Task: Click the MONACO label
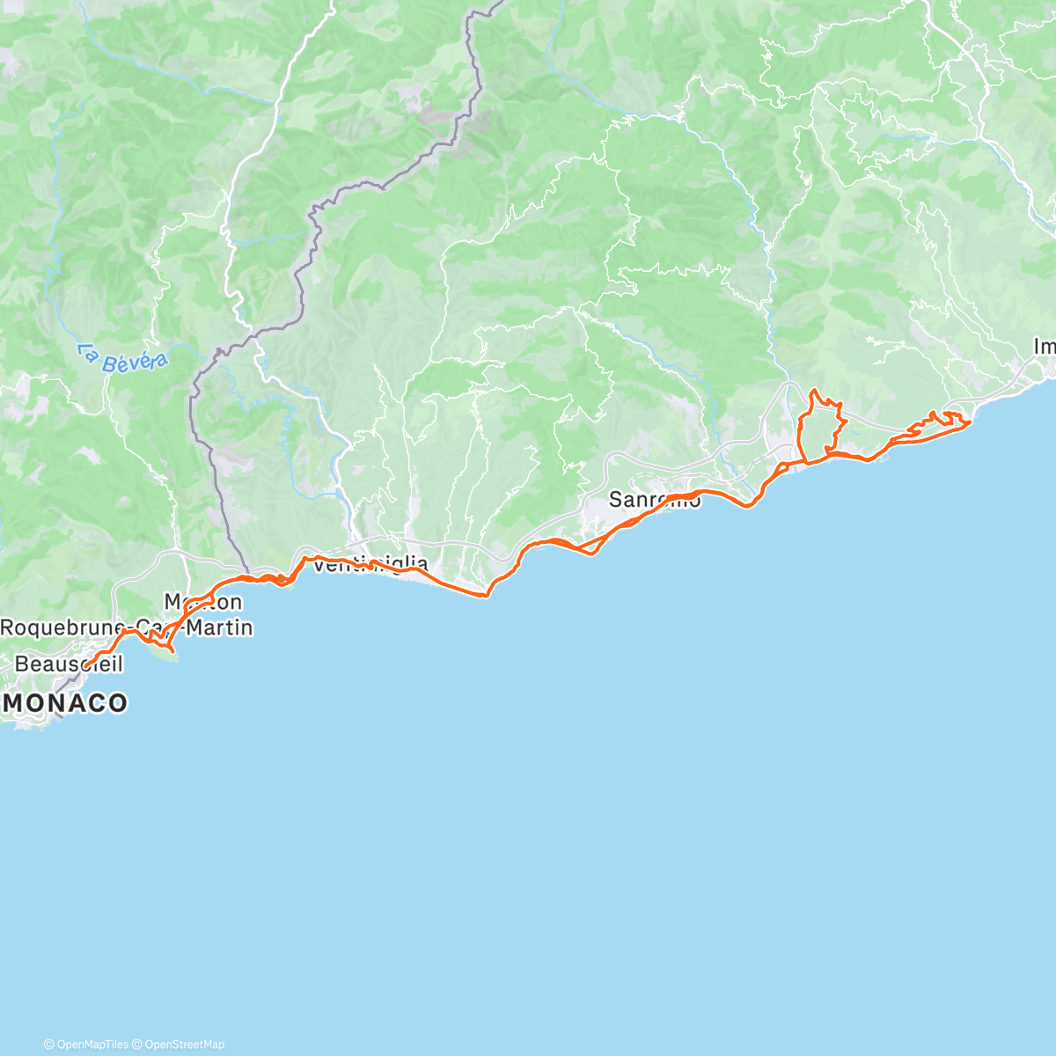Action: pyautogui.click(x=67, y=702)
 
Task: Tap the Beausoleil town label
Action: pyautogui.click(x=69, y=664)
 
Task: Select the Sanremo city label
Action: pyautogui.click(x=655, y=500)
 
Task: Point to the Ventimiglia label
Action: pyautogui.click(x=370, y=565)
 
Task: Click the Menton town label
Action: pyautogui.click(x=203, y=602)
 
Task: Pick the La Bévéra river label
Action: pyautogui.click(x=121, y=359)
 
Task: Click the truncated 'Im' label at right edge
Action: pyautogui.click(x=1044, y=348)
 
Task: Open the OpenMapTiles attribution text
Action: pyautogui.click(x=92, y=1045)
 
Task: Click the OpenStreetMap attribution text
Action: pyautogui.click(x=184, y=1045)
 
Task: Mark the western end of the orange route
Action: pyautogui.click(x=85, y=664)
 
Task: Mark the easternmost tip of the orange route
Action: pyautogui.click(x=969, y=423)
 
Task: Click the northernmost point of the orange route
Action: pyautogui.click(x=813, y=390)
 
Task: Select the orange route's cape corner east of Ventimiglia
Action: pyautogui.click(x=485, y=596)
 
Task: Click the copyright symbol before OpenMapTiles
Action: pyautogui.click(x=48, y=1045)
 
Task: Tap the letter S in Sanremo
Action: pyautogui.click(x=616, y=500)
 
